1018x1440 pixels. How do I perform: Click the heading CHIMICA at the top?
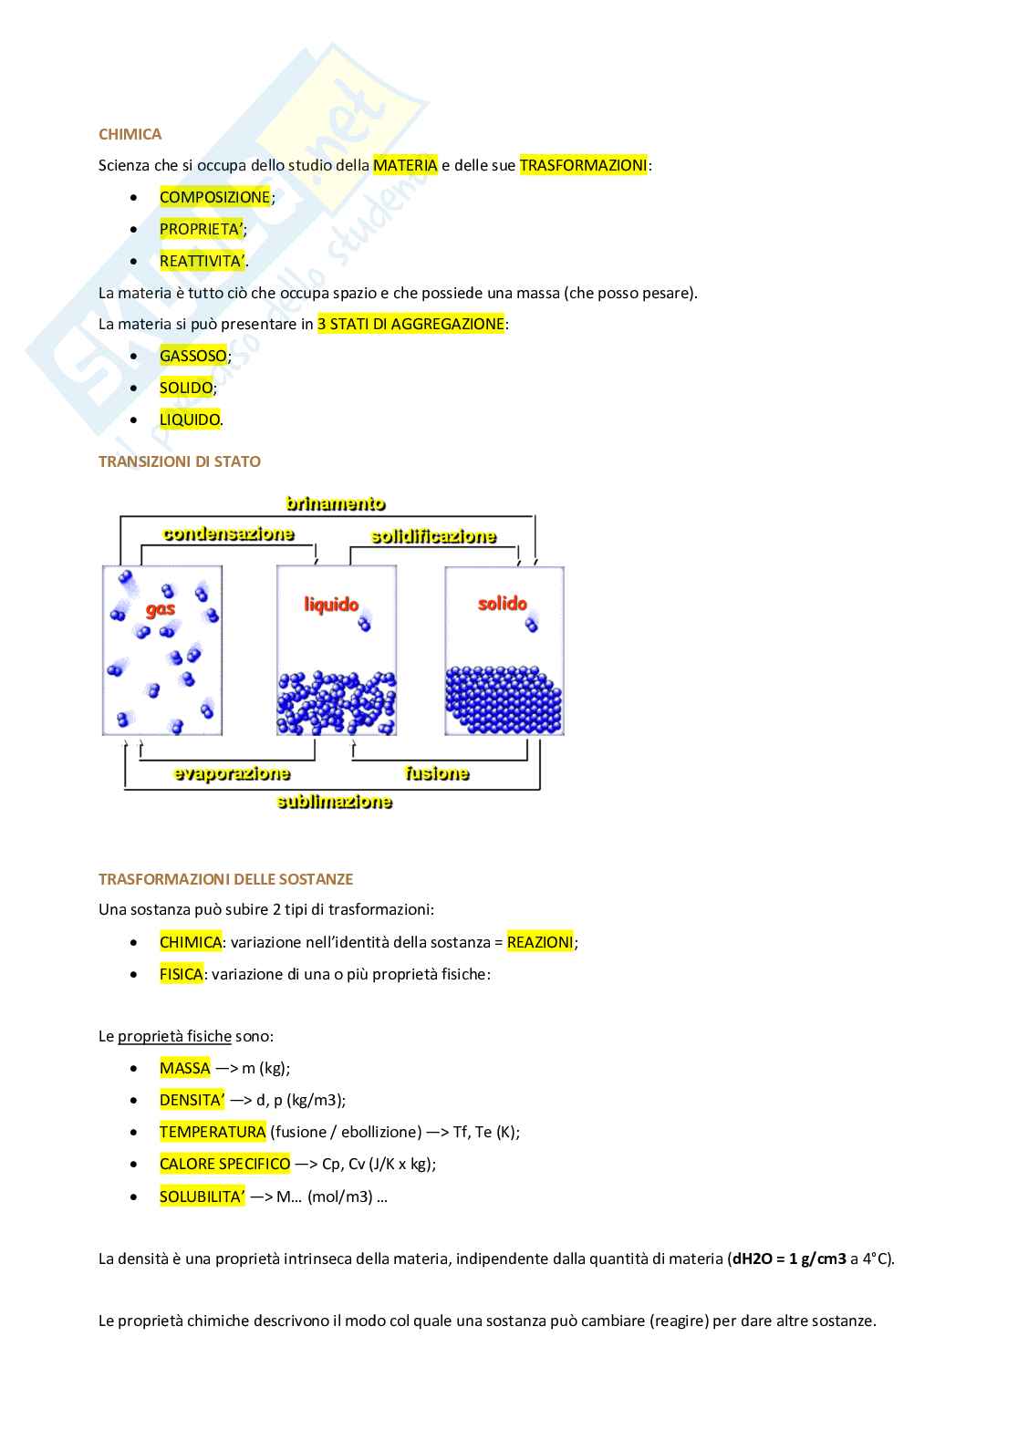(x=130, y=134)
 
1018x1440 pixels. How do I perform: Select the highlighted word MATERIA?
(x=405, y=165)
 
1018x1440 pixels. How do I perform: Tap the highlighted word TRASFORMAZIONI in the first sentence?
(x=583, y=165)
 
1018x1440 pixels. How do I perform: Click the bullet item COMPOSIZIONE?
(x=214, y=197)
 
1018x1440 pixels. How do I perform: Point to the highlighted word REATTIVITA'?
(x=202, y=261)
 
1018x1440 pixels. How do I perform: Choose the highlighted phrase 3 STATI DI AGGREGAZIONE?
(x=410, y=324)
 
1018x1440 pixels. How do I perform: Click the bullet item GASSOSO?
(x=192, y=356)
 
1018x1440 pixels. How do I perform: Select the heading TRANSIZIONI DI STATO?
(x=179, y=461)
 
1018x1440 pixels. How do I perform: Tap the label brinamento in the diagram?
(x=335, y=503)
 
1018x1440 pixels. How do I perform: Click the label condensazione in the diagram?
(x=228, y=534)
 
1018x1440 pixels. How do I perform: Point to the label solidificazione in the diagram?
(x=433, y=536)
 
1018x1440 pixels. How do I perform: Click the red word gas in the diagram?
(x=161, y=608)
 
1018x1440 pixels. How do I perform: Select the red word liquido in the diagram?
(x=331, y=604)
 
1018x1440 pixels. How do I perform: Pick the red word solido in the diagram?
(x=503, y=603)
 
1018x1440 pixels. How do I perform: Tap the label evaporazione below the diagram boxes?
(x=232, y=773)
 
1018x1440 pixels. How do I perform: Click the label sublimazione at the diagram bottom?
(x=334, y=802)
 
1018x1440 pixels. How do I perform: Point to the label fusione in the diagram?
(x=437, y=773)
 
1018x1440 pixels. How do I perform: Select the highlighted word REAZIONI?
(x=540, y=942)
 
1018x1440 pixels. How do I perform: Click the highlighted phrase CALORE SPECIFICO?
(x=224, y=1164)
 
